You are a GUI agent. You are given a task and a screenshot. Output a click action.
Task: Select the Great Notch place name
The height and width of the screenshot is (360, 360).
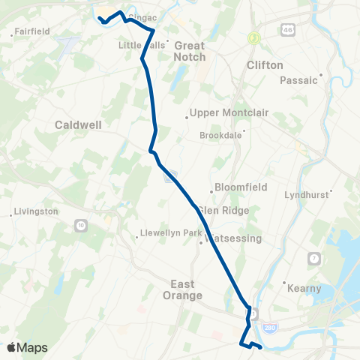click(189, 51)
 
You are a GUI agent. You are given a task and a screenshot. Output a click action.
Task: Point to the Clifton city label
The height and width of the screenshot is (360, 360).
click(265, 65)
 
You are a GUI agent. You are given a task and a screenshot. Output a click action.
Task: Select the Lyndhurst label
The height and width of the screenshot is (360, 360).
click(307, 195)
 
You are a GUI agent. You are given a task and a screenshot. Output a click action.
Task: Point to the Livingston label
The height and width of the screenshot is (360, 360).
click(36, 211)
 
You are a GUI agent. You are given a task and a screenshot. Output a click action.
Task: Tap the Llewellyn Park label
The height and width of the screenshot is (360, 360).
click(172, 233)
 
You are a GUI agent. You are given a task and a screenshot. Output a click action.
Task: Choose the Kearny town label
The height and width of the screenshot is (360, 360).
click(304, 288)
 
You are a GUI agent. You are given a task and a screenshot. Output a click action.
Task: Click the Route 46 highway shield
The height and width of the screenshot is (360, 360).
click(289, 30)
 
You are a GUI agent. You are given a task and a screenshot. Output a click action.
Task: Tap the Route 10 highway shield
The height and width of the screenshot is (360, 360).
click(81, 225)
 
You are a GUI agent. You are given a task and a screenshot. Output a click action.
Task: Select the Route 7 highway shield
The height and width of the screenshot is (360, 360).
click(313, 259)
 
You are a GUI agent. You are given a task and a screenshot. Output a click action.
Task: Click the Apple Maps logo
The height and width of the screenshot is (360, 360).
click(27, 347)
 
